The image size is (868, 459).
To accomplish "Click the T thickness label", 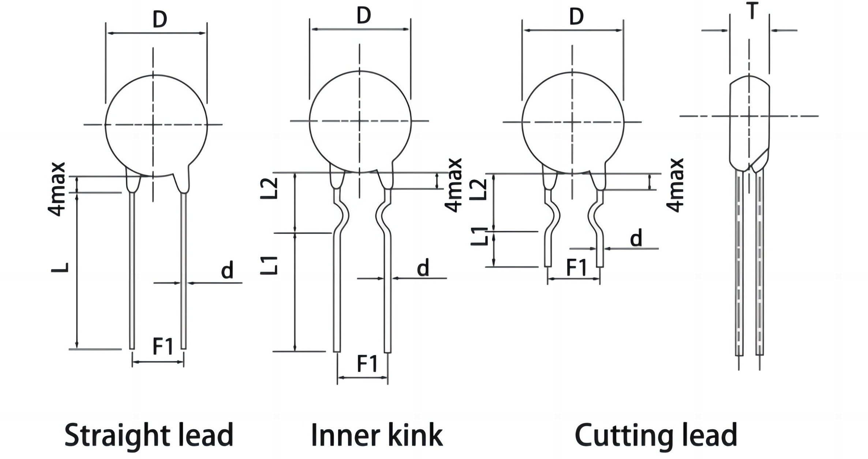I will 752,11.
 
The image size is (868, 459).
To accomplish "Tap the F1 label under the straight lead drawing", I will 162,346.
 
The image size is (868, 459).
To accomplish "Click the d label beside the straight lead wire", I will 227,270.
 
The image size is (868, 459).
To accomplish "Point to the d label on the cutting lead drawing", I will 636,238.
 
